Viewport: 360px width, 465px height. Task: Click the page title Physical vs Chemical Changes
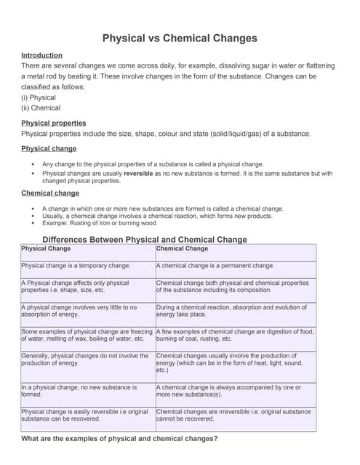click(179, 38)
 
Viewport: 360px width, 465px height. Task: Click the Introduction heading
click(41, 55)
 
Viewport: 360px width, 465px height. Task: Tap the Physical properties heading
click(53, 123)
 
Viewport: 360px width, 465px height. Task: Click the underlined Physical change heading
click(49, 148)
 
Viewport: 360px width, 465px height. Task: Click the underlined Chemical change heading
click(50, 193)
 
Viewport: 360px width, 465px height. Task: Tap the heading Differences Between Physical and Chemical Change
click(145, 239)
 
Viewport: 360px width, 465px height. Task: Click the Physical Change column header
click(46, 248)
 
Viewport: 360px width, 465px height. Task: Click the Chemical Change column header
click(182, 248)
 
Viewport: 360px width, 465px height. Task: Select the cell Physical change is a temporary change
click(76, 266)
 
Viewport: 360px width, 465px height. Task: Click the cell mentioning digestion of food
click(235, 335)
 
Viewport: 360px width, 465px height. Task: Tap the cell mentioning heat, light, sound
click(235, 363)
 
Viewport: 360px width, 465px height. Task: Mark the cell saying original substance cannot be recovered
click(235, 416)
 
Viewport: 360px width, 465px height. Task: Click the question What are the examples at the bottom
click(119, 439)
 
